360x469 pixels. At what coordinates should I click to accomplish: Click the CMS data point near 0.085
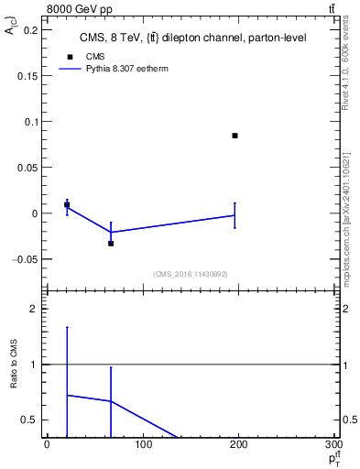tap(235, 136)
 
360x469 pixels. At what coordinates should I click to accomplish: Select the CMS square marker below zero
tap(111, 243)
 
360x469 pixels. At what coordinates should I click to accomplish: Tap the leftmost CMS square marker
tap(67, 205)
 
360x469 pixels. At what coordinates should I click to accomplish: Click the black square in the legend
tap(67, 56)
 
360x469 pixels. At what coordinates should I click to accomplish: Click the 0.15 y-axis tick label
tap(27, 75)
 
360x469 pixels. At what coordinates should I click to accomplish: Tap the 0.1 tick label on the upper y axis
tap(30, 121)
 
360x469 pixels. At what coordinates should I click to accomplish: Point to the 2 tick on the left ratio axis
tap(35, 309)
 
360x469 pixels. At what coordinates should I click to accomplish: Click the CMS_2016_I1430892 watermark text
tap(191, 274)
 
